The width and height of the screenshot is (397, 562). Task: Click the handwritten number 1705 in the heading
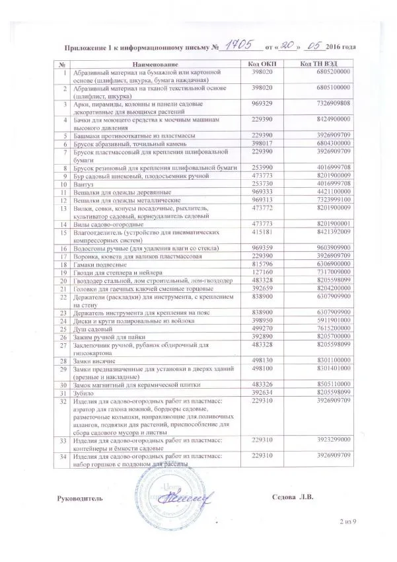tap(240, 46)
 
